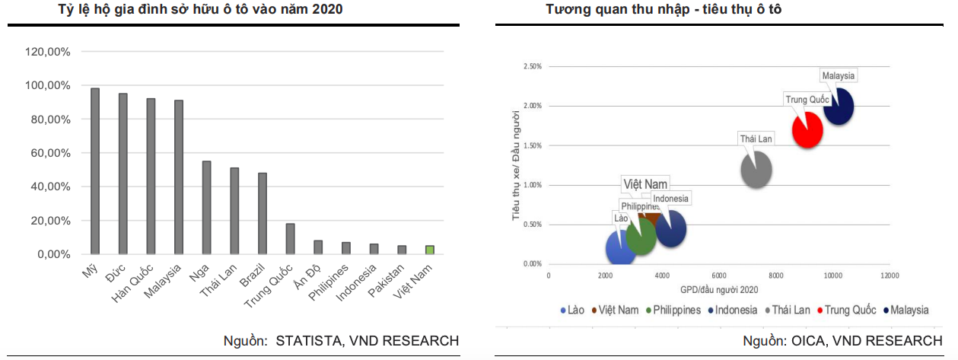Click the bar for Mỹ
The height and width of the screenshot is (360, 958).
point(95,171)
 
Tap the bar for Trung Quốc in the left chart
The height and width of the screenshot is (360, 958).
point(290,238)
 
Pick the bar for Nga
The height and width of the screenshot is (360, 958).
point(206,207)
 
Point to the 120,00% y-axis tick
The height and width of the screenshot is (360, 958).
point(48,52)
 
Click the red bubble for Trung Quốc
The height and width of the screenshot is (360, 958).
point(807,129)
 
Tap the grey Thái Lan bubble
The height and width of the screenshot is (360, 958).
point(756,170)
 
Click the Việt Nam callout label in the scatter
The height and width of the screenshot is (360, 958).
point(645,184)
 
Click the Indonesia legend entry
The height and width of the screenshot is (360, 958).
point(734,310)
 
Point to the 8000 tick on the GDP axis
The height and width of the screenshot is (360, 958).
point(776,275)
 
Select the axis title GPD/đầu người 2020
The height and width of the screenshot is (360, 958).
point(718,289)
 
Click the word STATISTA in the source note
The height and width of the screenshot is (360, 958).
point(312,340)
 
